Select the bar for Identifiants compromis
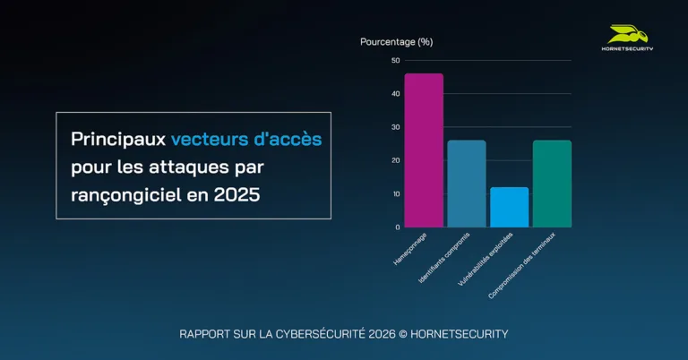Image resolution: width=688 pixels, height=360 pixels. pos(466,184)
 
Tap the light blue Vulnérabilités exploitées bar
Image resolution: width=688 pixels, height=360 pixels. pos(509,207)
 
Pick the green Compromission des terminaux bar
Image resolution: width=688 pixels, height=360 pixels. pos(552,184)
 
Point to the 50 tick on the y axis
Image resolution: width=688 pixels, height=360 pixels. pos(396,60)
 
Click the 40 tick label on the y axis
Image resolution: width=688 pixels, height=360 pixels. pos(396,93)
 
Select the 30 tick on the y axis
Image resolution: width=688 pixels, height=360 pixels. pos(396,127)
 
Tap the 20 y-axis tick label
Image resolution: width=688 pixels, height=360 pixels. pos(396,160)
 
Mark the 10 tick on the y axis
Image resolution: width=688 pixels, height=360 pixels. pos(396,193)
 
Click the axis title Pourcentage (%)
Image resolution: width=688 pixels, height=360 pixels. pos(396,41)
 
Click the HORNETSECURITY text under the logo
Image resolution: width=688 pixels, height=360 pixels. pos(627,48)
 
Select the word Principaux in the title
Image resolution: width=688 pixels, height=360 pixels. pos(118,140)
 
